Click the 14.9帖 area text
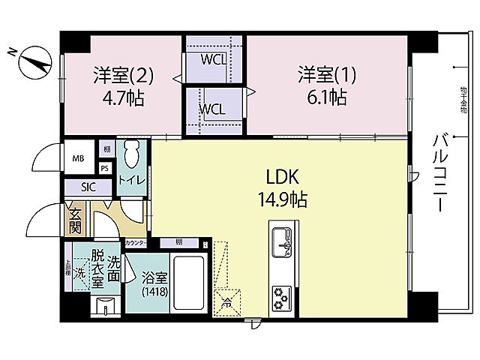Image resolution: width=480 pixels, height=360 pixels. [x=283, y=199]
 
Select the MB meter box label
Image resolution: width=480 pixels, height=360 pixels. [x=78, y=159]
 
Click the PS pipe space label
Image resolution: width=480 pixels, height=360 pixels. [x=105, y=169]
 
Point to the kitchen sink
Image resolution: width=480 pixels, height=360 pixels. [x=283, y=241]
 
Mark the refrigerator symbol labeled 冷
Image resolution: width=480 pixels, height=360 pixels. [x=226, y=301]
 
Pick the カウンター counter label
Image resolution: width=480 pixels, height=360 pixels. [x=136, y=243]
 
